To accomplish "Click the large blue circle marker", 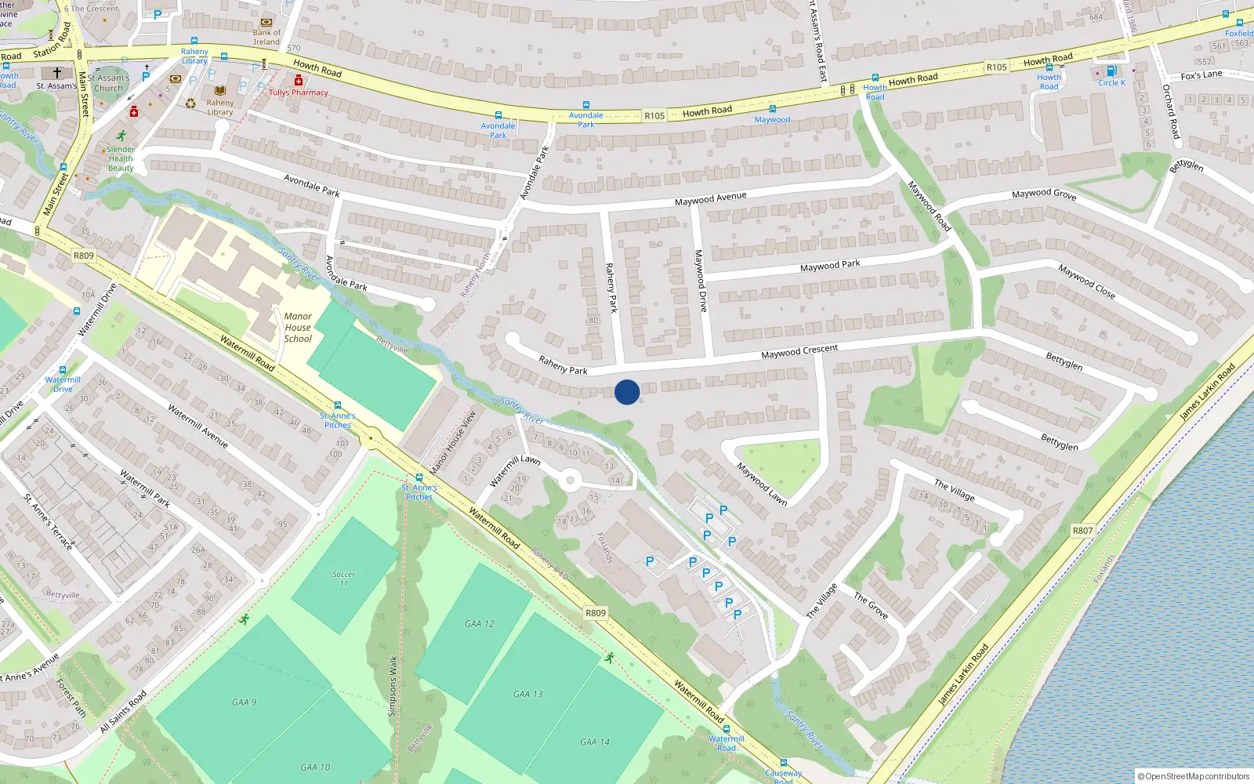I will point(627,392).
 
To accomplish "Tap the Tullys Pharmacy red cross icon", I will point(299,81).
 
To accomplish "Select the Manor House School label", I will point(298,328).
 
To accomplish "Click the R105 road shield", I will point(654,116).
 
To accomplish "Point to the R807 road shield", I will point(1082,531).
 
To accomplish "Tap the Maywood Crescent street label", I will point(799,352).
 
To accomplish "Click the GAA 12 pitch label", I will point(480,624).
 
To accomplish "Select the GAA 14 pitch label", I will point(594,742).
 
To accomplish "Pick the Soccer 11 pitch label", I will point(343,579).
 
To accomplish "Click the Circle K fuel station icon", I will point(1111,71).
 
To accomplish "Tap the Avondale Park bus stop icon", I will point(498,115).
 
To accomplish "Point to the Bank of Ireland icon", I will point(266,22).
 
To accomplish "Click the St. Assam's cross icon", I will point(57,72).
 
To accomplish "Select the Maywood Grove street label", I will point(1043,194).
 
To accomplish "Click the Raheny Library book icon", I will point(220,91).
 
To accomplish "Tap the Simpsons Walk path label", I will point(393,686).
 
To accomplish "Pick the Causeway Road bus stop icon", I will point(783,763).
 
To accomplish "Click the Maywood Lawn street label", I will point(762,484).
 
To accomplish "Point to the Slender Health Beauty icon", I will point(121,136).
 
